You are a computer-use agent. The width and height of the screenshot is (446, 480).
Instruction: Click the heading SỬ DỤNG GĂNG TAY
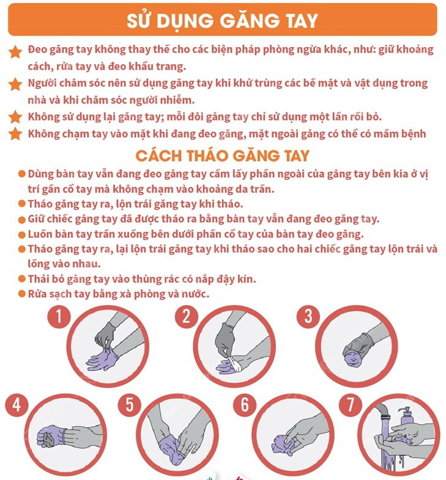click(x=223, y=20)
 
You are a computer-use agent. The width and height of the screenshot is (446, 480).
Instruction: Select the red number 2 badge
click(x=187, y=316)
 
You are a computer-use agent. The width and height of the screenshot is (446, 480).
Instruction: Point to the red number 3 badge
click(x=309, y=316)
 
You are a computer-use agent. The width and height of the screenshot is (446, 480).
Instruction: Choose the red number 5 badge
click(x=130, y=405)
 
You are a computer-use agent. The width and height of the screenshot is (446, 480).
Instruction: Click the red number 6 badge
click(x=245, y=405)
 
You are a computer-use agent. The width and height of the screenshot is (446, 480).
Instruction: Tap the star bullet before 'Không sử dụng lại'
click(x=16, y=117)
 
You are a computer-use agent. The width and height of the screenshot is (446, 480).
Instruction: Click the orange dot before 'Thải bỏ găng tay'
click(x=22, y=279)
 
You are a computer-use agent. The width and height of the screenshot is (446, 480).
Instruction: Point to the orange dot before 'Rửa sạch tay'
click(x=22, y=294)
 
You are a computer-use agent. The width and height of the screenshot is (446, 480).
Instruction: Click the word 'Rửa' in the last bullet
click(x=38, y=294)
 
